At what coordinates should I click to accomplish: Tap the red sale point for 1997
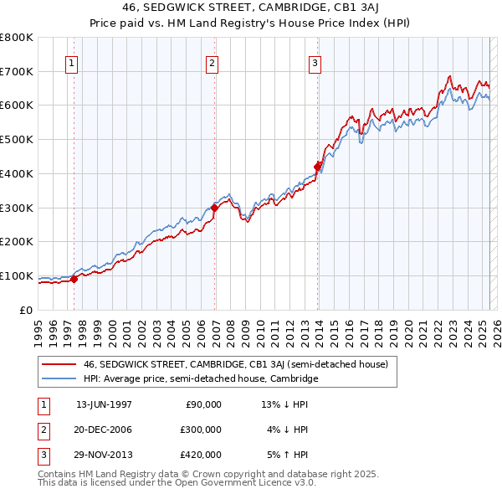click(x=74, y=280)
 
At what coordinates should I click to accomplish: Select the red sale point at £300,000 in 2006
click(x=215, y=208)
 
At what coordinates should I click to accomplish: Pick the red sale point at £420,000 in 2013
click(x=318, y=166)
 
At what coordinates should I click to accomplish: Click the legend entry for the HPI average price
click(x=201, y=379)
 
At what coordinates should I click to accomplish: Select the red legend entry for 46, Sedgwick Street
click(x=235, y=364)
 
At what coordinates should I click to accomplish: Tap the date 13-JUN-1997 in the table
click(x=104, y=404)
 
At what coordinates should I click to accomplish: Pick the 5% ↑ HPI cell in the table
click(x=287, y=455)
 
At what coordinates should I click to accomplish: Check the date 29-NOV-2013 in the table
click(x=104, y=455)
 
